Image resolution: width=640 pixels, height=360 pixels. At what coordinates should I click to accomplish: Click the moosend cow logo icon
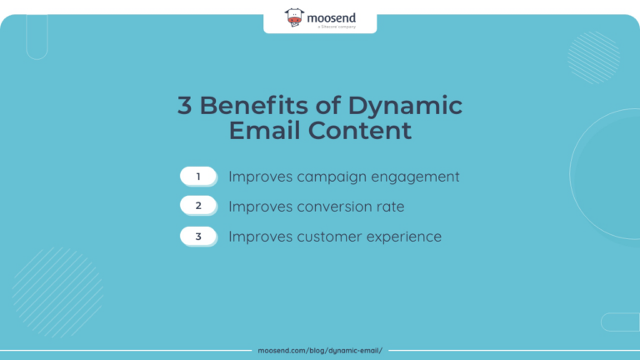coord(294,17)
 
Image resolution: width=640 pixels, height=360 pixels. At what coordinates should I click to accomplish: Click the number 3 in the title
coord(184,107)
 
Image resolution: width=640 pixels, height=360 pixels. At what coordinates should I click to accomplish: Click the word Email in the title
coord(265,132)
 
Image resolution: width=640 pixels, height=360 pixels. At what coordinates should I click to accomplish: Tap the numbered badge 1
coord(198,177)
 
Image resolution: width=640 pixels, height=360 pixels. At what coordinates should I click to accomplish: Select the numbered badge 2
coord(198,207)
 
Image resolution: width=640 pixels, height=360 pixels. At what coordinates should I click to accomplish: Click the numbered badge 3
coord(198,237)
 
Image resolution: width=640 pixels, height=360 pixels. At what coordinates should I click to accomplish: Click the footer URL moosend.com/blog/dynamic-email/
coord(320,351)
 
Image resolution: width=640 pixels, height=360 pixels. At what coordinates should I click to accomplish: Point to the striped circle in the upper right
coord(593,57)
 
